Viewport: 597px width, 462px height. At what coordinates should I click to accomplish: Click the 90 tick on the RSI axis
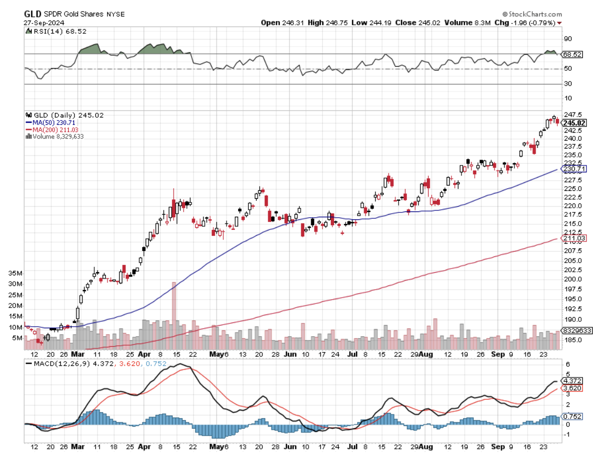567,39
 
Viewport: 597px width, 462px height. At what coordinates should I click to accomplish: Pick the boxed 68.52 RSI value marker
572,54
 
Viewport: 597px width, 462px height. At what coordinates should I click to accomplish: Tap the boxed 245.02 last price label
575,123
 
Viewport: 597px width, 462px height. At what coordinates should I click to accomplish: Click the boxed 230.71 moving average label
575,169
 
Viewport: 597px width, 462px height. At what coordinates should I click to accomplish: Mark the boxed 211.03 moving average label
575,238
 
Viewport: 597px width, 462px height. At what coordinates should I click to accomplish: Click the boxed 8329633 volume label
576,330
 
